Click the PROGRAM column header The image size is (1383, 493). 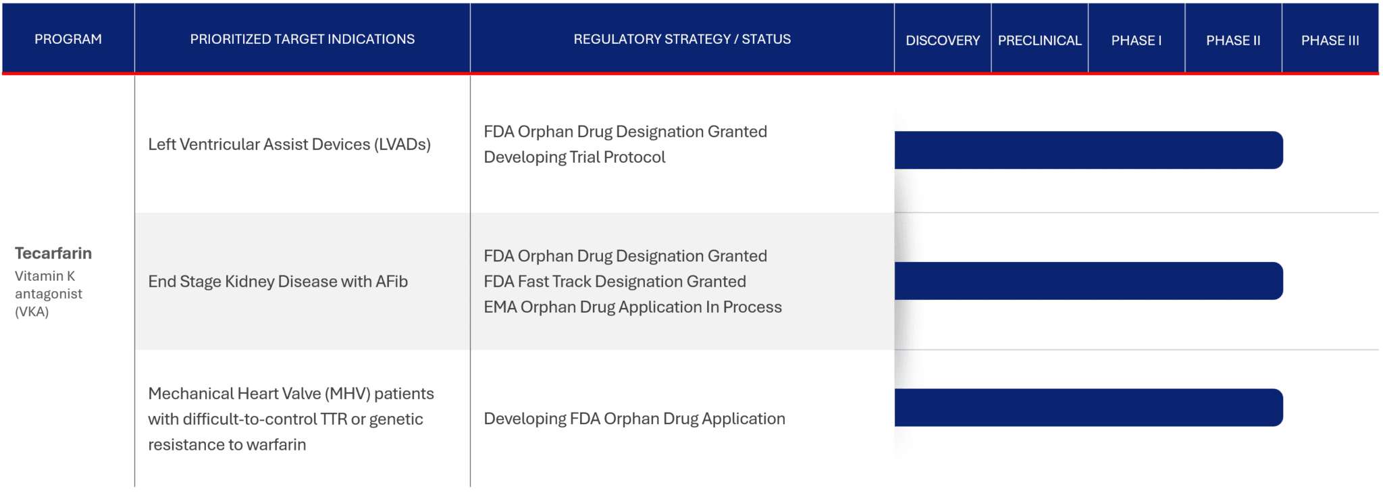click(68, 39)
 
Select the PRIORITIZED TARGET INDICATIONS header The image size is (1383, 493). click(302, 39)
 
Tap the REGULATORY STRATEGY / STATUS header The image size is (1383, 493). click(682, 39)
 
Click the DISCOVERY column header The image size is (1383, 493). click(943, 41)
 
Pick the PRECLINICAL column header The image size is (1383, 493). click(1039, 41)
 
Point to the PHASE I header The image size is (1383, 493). click(1137, 41)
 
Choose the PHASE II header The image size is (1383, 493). click(1233, 41)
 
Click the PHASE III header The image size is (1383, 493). click(1330, 41)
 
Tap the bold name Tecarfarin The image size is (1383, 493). click(53, 253)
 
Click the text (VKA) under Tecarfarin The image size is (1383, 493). click(32, 312)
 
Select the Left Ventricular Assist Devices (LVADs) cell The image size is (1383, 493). click(289, 145)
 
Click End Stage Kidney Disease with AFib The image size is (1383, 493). click(278, 282)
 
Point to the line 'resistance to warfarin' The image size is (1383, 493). click(227, 445)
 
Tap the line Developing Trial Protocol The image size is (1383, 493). click(574, 157)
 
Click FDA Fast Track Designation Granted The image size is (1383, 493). click(615, 282)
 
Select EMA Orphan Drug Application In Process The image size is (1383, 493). click(632, 307)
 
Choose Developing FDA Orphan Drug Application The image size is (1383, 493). click(634, 419)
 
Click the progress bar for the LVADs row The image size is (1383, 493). click(1088, 150)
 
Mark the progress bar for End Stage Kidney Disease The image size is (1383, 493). click(1088, 281)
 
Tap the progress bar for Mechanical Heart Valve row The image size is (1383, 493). click(1088, 407)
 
